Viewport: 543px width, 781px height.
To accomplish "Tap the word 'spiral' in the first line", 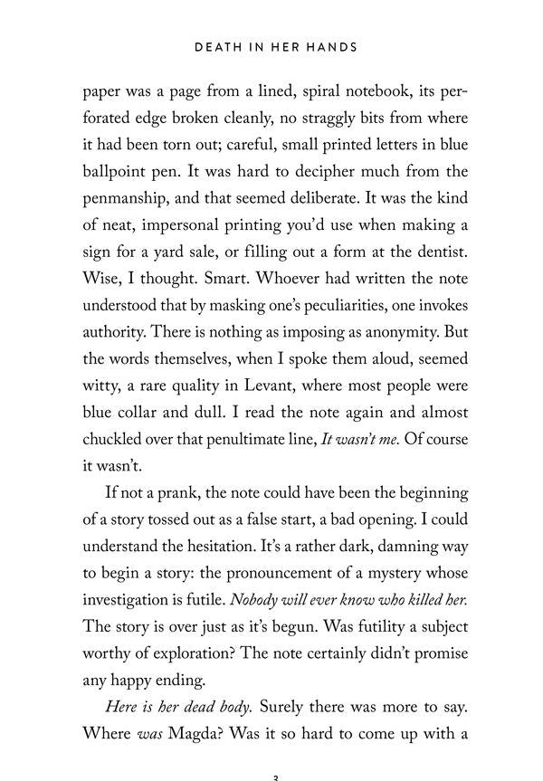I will coord(291,92).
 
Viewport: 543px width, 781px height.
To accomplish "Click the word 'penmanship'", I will coord(129,195).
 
